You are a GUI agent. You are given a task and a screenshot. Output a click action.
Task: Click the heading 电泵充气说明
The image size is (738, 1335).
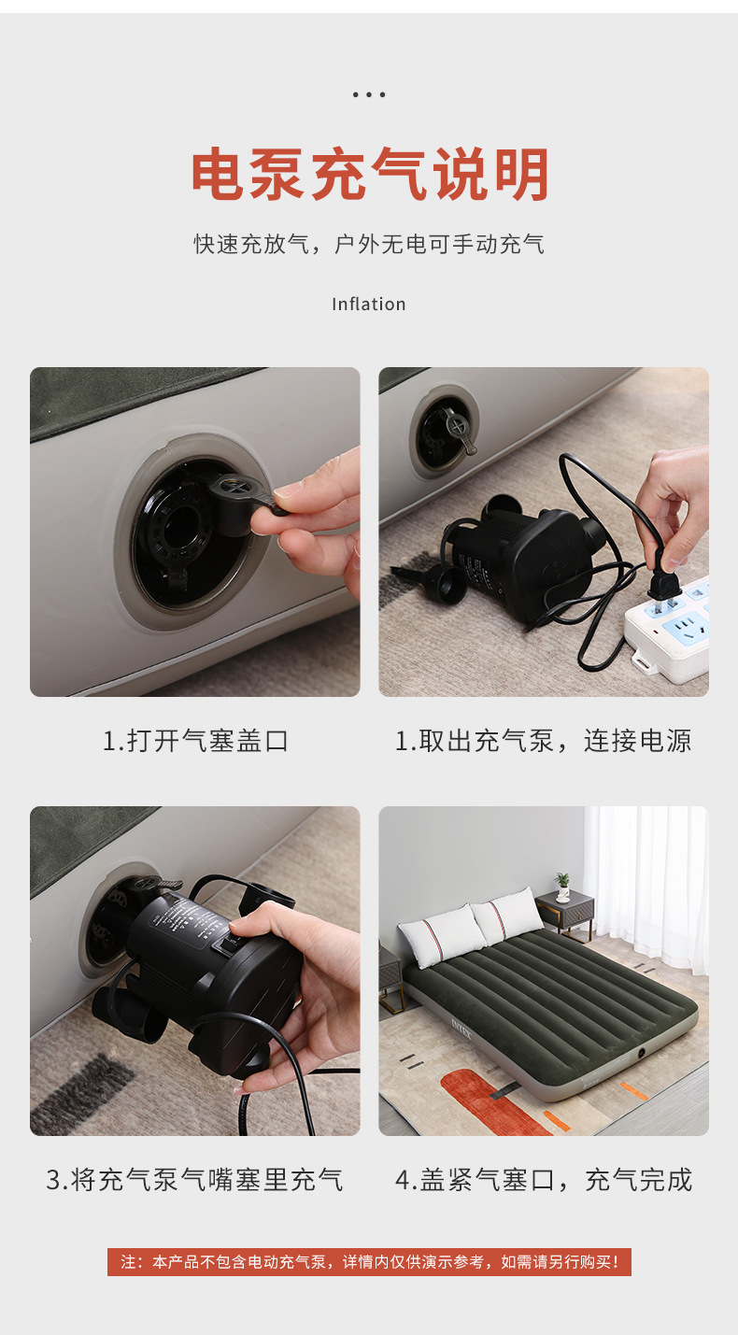[369, 175]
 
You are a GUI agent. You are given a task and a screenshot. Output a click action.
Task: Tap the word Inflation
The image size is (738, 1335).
[369, 305]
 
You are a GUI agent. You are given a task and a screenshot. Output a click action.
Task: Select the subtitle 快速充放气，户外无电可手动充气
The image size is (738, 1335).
[369, 245]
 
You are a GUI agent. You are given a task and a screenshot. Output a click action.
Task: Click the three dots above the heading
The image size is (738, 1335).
[369, 94]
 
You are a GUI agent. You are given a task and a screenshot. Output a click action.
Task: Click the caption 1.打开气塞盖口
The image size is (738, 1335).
[195, 741]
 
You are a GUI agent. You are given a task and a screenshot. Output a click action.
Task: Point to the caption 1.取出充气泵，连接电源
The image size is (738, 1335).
[543, 741]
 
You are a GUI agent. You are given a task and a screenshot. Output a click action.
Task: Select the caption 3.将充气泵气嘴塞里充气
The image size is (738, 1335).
[195, 1179]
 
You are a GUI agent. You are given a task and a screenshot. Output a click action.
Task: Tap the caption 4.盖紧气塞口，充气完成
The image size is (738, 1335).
[543, 1179]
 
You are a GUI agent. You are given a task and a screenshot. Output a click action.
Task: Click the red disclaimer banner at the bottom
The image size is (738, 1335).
[369, 1262]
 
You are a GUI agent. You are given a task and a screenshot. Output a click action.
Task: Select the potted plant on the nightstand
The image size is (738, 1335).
[562, 885]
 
